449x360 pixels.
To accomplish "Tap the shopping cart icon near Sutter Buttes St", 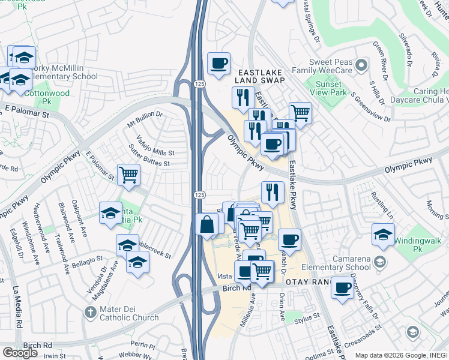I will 129,175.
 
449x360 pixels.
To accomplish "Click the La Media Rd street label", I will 19,306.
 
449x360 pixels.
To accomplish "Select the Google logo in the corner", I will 20,352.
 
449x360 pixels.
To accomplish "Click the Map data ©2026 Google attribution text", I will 387,355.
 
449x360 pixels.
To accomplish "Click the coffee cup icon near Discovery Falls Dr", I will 342,288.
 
